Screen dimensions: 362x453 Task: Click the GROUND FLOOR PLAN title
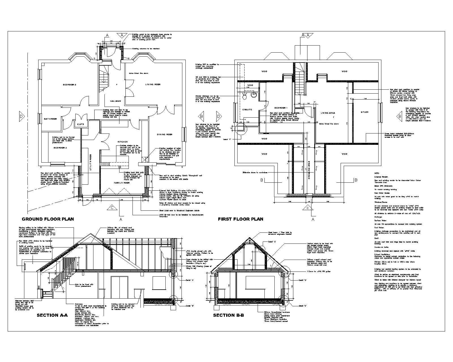pos(48,219)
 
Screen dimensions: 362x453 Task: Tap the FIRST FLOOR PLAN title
pos(240,219)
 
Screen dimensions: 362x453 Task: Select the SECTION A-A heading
pos(52,315)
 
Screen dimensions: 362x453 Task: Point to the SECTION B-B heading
pos(228,315)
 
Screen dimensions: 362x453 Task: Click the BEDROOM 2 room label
pos(69,85)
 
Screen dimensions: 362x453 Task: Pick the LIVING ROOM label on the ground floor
pos(153,85)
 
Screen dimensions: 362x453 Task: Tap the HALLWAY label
pos(116,101)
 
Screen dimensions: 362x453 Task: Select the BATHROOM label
pos(50,119)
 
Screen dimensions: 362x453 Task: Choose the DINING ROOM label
pos(165,134)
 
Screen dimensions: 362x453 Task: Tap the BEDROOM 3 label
pos(60,148)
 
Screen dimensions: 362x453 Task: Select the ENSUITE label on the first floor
pos(247,109)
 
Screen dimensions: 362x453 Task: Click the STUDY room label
pos(365,112)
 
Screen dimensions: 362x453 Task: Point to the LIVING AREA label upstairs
pos(328,113)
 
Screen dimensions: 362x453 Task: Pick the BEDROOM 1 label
pos(281,108)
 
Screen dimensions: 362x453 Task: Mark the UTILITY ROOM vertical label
pos(91,161)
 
